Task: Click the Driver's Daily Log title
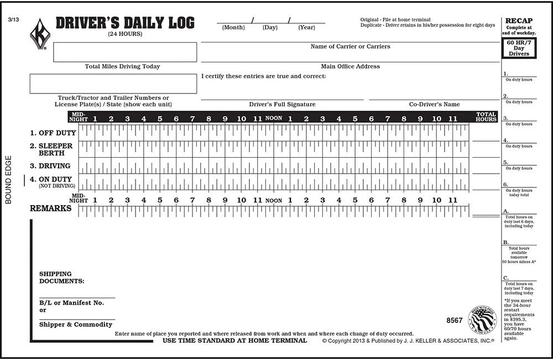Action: [x=125, y=23]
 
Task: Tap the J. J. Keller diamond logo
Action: [x=40, y=34]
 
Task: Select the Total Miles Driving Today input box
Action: [x=124, y=52]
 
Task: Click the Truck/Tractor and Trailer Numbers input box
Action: [x=113, y=84]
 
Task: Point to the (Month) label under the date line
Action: [x=233, y=27]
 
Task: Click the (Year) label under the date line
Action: [x=306, y=27]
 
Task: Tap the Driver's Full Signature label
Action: [x=282, y=104]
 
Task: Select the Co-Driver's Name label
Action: [x=434, y=104]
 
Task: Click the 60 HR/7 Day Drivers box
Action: [x=519, y=49]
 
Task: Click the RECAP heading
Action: [x=519, y=21]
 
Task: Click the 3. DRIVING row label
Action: [x=50, y=166]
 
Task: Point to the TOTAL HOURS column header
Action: [x=486, y=117]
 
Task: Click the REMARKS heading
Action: [x=50, y=208]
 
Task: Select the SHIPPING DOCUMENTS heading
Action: [x=61, y=277]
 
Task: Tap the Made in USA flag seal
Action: [x=482, y=320]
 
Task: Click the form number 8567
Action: [x=454, y=320]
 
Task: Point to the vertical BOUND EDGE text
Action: [x=8, y=183]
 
